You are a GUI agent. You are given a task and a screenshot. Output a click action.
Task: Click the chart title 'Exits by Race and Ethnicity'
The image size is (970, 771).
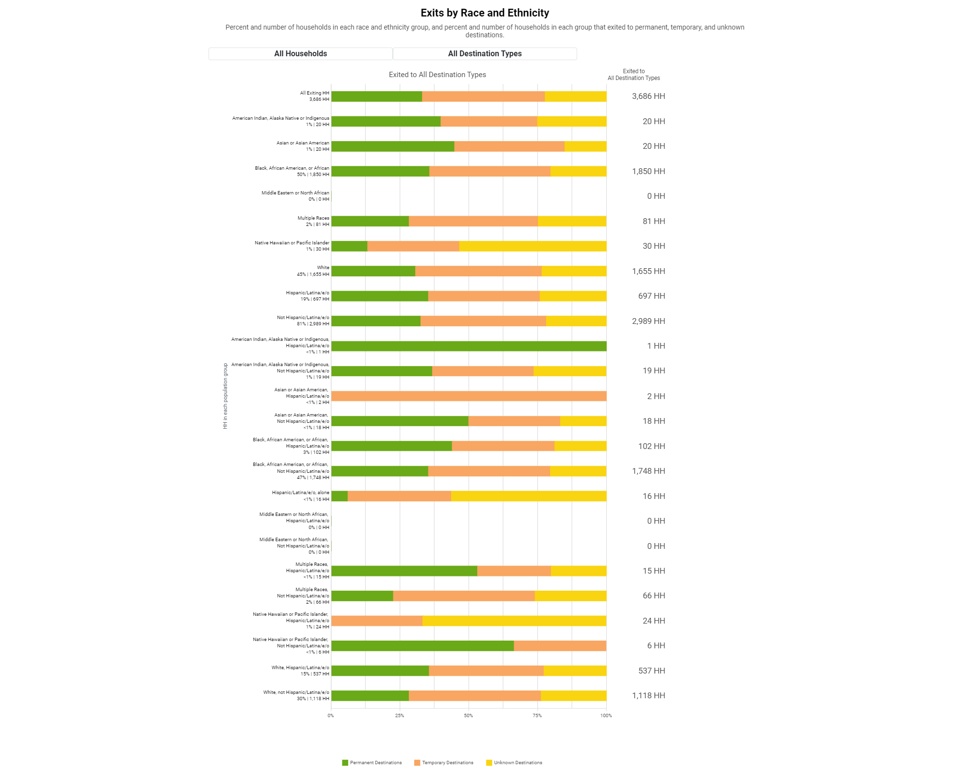click(x=485, y=13)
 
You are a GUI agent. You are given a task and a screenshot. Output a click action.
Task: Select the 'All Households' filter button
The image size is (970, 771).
click(x=301, y=54)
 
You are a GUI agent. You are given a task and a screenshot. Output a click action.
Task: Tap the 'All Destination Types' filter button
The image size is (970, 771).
click(x=485, y=54)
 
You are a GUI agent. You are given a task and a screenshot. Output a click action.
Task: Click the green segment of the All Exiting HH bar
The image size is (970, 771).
click(x=377, y=96)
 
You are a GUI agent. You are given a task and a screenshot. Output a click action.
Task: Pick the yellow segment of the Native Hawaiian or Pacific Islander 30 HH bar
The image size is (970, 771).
click(x=533, y=246)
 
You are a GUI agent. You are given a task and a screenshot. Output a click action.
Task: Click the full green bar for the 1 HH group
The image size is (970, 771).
click(x=469, y=346)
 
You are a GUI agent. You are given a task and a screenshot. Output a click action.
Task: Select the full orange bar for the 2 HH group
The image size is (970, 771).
click(x=469, y=396)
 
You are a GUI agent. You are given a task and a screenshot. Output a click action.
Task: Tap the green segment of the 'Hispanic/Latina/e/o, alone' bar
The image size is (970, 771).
click(x=339, y=496)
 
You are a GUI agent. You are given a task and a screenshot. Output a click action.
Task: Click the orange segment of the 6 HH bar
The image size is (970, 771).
click(x=560, y=646)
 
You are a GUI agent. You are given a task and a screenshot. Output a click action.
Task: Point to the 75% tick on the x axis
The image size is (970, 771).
click(x=537, y=716)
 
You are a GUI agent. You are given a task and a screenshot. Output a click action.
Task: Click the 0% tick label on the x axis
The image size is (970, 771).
click(x=331, y=716)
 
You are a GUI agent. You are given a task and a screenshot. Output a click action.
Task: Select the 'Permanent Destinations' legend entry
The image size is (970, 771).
click(x=372, y=763)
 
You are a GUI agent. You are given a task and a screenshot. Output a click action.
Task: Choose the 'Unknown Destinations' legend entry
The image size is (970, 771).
click(x=514, y=763)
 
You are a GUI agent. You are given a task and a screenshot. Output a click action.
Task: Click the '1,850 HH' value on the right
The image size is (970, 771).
click(x=648, y=172)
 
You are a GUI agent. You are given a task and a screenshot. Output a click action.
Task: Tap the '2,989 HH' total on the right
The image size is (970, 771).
click(x=648, y=321)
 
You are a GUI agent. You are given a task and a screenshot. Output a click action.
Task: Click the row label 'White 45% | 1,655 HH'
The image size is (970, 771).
click(x=313, y=271)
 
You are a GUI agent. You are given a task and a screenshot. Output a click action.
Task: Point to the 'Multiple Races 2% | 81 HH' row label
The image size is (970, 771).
click(x=313, y=221)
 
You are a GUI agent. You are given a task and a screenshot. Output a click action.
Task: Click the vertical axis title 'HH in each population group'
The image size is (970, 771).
click(x=226, y=396)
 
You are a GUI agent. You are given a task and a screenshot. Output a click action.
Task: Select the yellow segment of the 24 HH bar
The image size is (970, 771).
click(x=515, y=621)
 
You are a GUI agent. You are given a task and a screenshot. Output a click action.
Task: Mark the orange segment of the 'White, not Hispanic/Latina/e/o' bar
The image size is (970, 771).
click(x=475, y=696)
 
